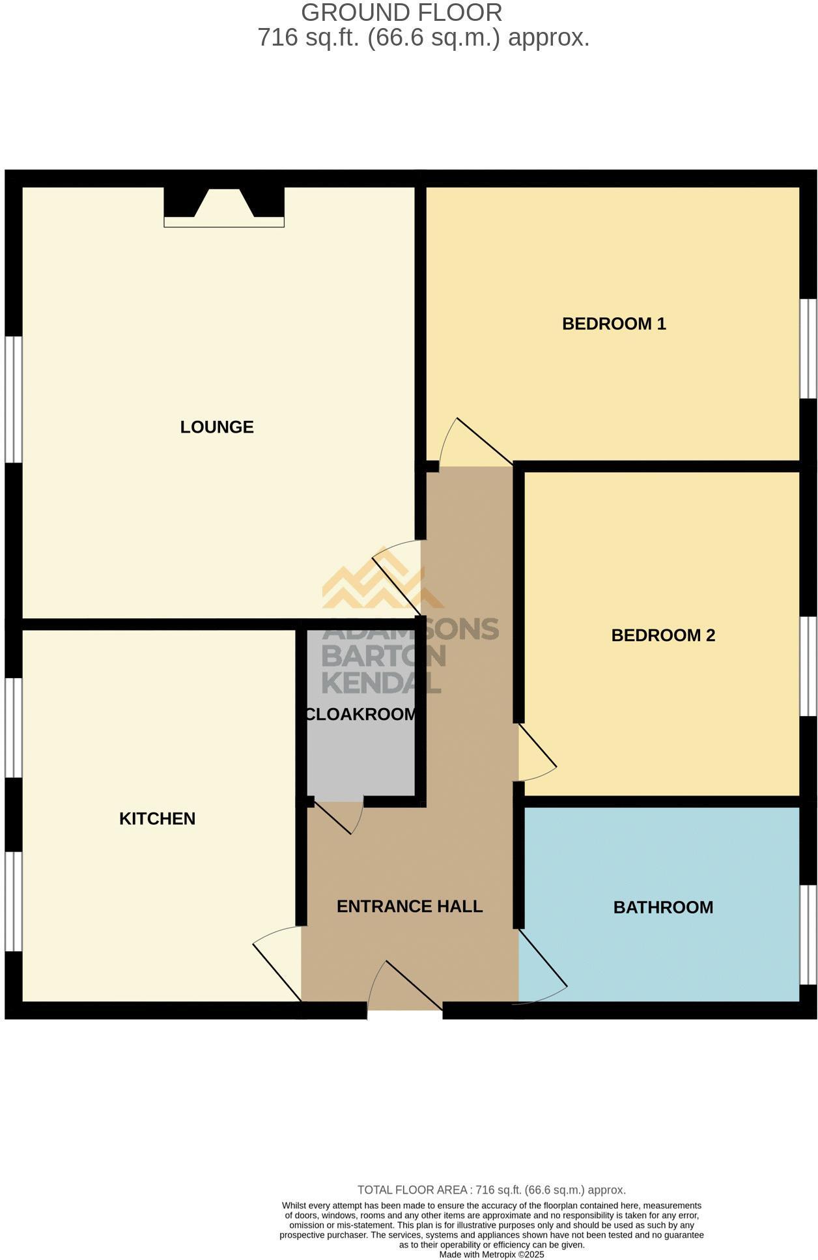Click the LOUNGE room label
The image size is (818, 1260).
tap(217, 427)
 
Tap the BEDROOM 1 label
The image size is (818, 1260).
tap(613, 324)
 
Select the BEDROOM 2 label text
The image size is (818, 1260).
tap(663, 635)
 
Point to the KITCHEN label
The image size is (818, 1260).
tap(157, 819)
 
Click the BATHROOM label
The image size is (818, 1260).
tap(663, 908)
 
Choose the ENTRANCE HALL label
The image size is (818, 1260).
tap(409, 906)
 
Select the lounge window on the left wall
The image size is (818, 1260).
tap(14, 399)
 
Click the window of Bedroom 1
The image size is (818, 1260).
tap(808, 349)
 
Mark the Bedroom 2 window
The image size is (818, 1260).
tap(808, 666)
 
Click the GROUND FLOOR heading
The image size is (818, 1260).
tap(401, 12)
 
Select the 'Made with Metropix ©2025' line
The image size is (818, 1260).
tap(491, 1254)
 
